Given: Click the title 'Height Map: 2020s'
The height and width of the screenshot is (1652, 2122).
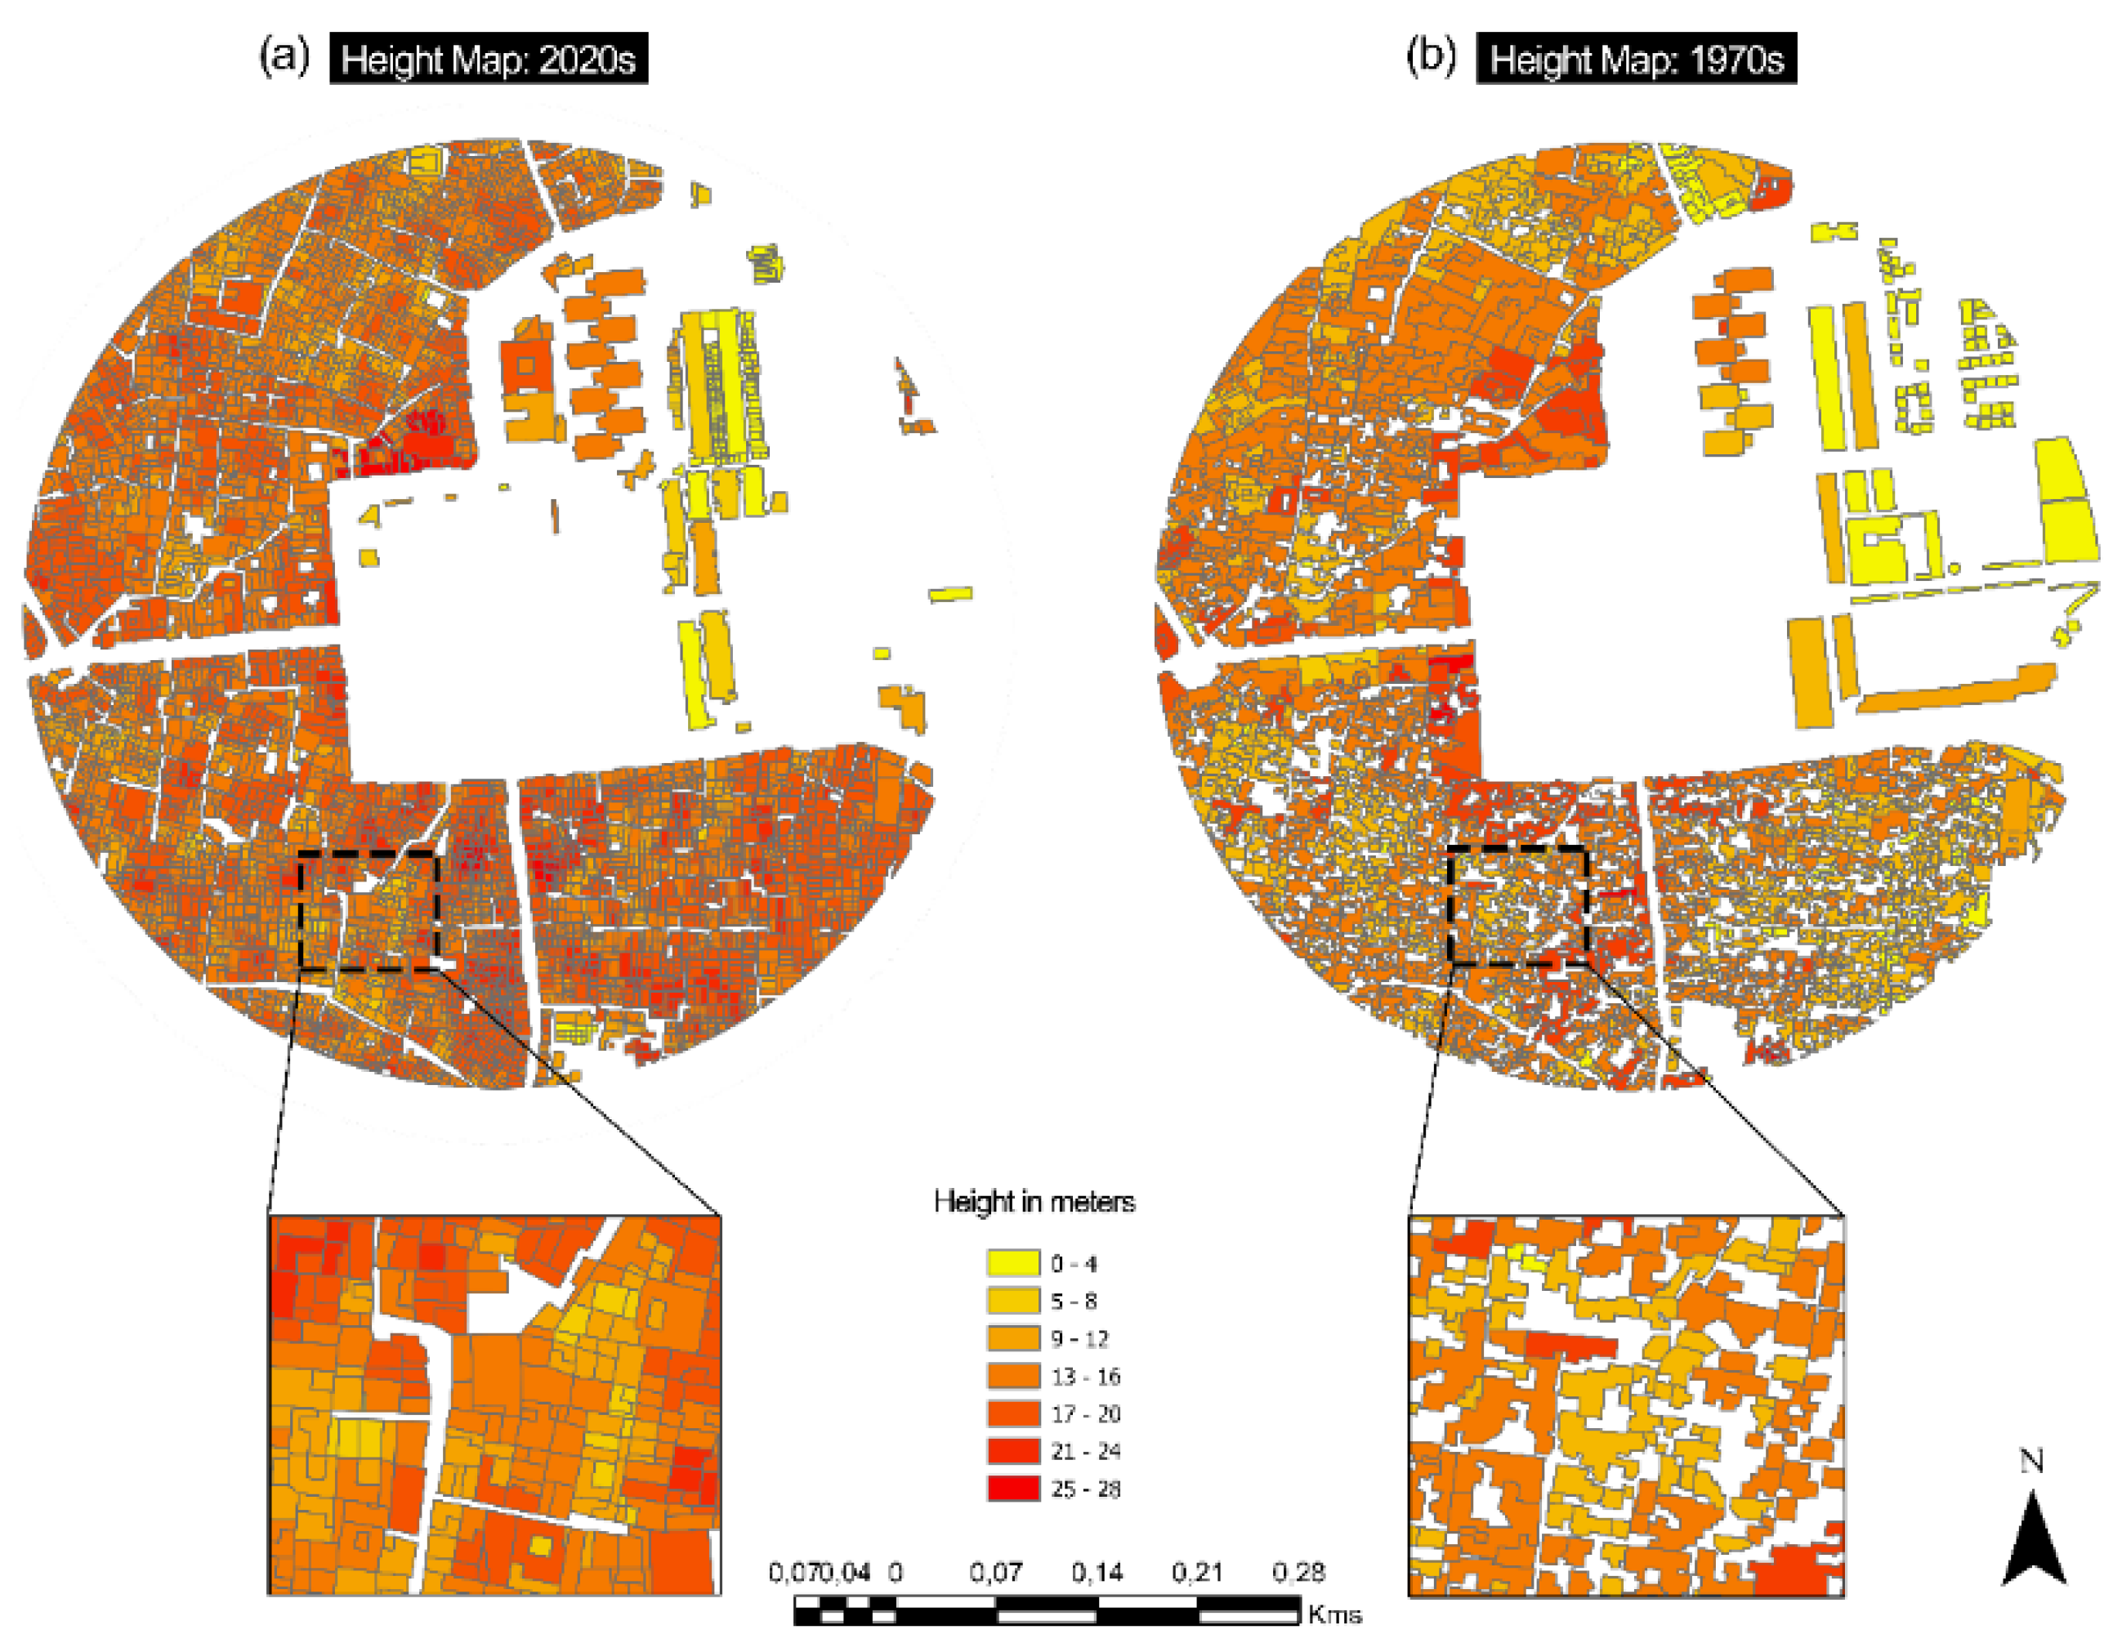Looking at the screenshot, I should (488, 60).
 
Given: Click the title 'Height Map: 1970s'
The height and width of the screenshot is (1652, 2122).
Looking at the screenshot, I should (1636, 60).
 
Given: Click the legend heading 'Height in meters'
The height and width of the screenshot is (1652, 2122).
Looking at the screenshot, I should (1034, 1202).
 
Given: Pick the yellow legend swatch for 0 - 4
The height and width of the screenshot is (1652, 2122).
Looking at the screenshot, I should (1013, 1263).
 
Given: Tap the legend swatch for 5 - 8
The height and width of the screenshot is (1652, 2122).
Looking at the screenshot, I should (1013, 1300).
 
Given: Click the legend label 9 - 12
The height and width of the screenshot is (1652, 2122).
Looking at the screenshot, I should (1079, 1339).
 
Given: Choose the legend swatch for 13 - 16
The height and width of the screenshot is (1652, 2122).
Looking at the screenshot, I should (1013, 1376).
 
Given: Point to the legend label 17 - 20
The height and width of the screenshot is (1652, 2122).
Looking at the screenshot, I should (1084, 1414).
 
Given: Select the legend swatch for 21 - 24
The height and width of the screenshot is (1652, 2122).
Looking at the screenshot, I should (1013, 1451).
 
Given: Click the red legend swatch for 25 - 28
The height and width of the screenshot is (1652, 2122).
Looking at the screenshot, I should (1013, 1489).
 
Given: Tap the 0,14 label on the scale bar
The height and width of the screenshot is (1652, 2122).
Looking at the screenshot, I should (1097, 1572).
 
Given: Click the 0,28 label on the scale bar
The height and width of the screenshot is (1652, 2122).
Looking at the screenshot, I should (1298, 1572).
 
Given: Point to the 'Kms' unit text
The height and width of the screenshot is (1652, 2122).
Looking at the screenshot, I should (1334, 1616).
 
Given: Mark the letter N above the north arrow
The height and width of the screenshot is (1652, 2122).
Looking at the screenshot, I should (2031, 1462).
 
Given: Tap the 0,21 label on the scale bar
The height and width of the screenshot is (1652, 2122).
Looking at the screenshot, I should (1197, 1572).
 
